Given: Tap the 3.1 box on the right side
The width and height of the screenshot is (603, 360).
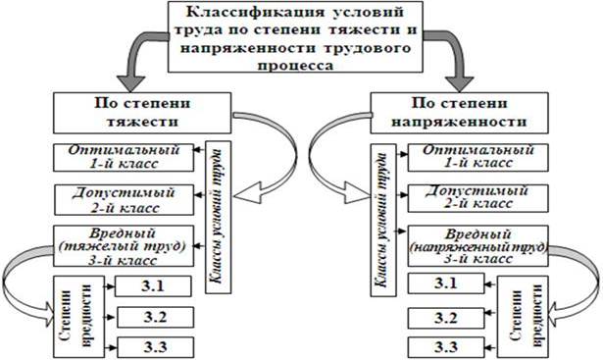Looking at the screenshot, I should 446,285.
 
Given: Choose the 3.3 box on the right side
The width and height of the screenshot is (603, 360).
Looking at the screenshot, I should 446,346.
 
